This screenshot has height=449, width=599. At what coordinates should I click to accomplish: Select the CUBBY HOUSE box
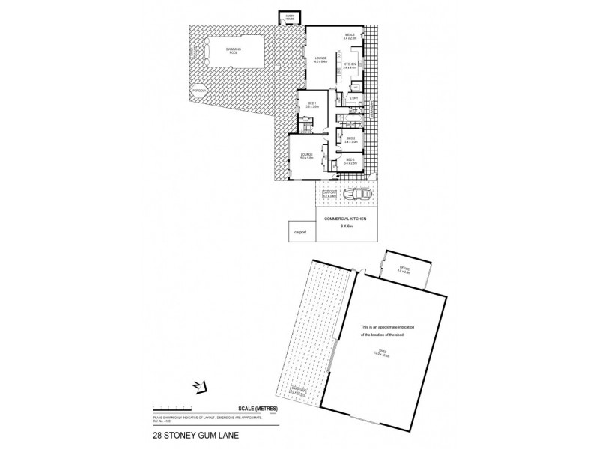pyautogui.click(x=290, y=17)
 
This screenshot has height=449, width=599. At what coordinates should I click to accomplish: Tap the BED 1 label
pyautogui.click(x=312, y=104)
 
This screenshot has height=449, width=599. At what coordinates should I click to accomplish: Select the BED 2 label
pyautogui.click(x=349, y=139)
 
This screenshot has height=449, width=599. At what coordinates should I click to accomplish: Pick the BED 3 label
pyautogui.click(x=350, y=159)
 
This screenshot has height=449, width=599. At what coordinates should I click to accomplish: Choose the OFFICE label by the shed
pyautogui.click(x=405, y=269)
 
